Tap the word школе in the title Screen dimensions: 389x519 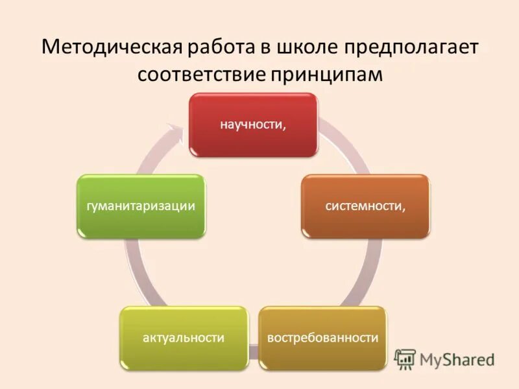308,48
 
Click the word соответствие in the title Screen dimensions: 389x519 202,75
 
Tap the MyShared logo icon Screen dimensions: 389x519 405,359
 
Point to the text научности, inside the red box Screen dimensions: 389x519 253,125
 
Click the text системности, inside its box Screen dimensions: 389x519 365,206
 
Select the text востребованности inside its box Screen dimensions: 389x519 322,338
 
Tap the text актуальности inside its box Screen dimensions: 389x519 184,338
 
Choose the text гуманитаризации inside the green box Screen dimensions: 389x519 141,206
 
